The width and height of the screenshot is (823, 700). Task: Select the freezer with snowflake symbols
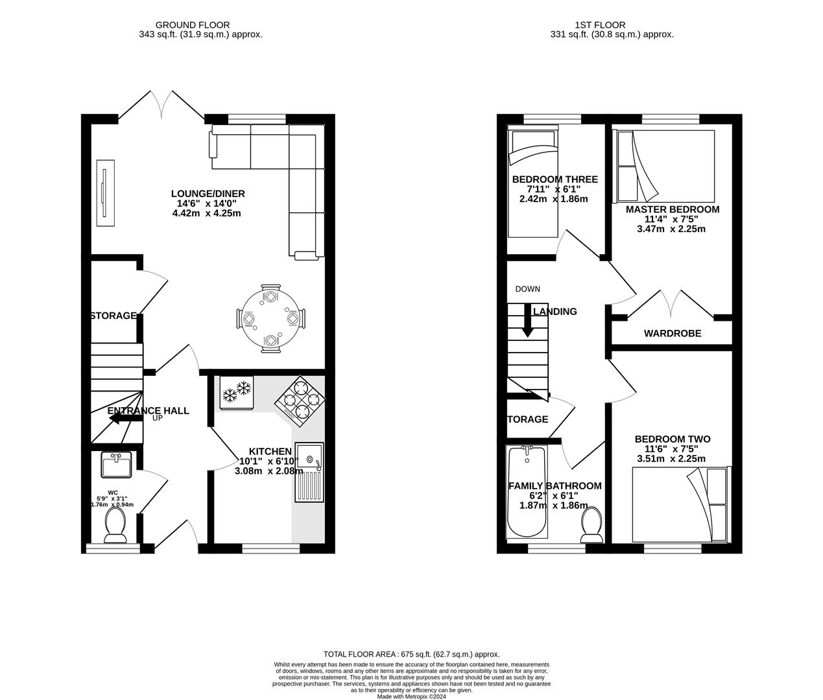tap(236, 392)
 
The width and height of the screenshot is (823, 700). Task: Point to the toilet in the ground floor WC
tap(116, 525)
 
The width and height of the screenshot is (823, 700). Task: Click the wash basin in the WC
tap(117, 463)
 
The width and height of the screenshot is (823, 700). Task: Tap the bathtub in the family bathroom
tap(527, 493)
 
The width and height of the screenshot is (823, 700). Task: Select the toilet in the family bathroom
tap(591, 525)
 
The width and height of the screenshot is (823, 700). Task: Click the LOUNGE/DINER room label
tap(208, 194)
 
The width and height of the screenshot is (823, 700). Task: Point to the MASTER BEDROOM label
tap(672, 209)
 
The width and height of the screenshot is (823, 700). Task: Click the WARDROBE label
tap(672, 333)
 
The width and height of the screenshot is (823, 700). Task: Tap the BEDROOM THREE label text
tap(555, 180)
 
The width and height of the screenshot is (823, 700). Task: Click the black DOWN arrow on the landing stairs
tap(527, 321)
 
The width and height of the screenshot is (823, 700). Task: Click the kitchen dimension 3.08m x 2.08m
tap(268, 471)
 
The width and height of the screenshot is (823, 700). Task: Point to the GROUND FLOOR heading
tap(200, 25)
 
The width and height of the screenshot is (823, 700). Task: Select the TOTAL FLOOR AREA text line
tap(411, 655)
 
